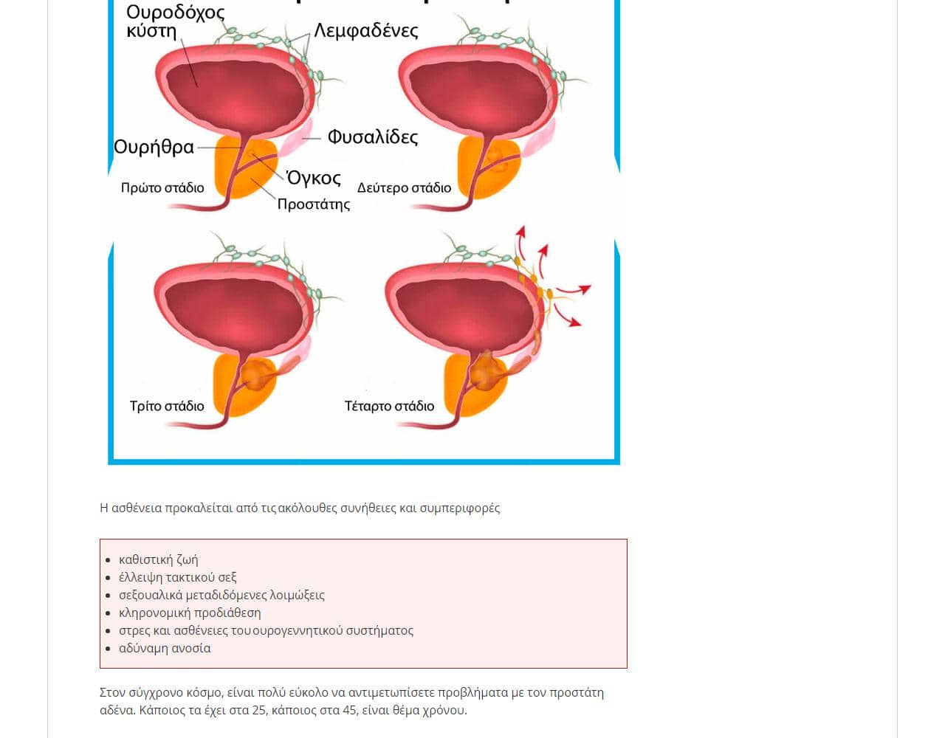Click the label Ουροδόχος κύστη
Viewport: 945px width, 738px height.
pos(175,21)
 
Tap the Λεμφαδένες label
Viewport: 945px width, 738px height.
pos(366,30)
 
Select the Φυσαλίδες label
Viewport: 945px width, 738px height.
pos(372,137)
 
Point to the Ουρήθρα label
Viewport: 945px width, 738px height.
pos(154,147)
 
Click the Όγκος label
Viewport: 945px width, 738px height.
pos(314,178)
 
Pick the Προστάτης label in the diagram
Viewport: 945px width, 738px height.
pos(314,204)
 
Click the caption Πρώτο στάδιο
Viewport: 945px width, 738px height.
pos(162,188)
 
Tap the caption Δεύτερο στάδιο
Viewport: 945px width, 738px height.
pos(404,188)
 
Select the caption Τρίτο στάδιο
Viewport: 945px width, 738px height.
pos(167,406)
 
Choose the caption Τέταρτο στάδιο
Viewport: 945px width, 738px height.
pos(389,406)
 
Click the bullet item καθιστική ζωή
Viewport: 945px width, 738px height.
pos(158,559)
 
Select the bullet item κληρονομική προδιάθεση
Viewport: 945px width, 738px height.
pos(190,613)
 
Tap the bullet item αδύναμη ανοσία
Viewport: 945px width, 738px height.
pos(165,648)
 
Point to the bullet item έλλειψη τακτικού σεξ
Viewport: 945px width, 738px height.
pos(177,577)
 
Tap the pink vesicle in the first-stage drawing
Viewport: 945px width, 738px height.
pos(295,137)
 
